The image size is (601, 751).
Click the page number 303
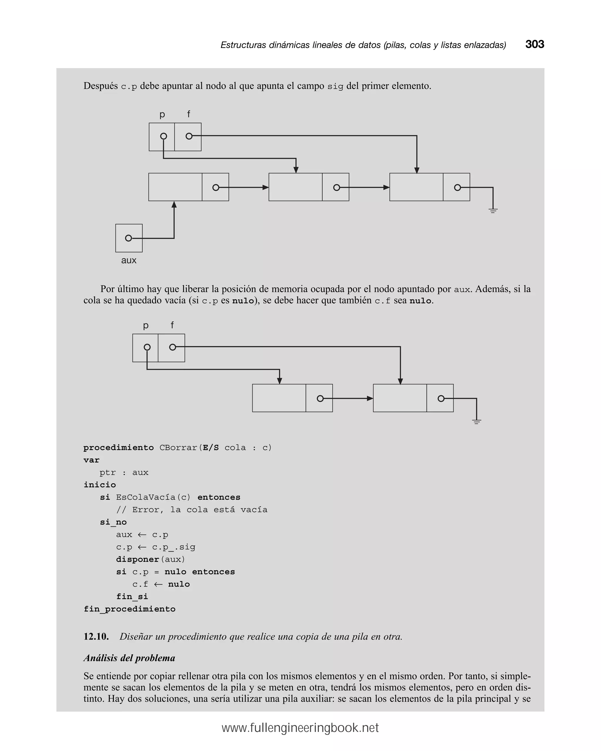click(x=534, y=44)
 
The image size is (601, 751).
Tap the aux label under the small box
click(x=129, y=260)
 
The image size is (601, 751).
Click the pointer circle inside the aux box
click(x=129, y=238)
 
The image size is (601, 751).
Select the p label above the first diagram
click(x=162, y=114)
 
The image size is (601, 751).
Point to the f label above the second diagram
click(x=172, y=325)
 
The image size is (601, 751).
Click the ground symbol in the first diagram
click(x=493, y=210)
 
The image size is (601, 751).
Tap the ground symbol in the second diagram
click(x=477, y=421)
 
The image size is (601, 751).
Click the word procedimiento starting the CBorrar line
click(x=119, y=447)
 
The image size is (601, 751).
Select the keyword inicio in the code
click(x=100, y=485)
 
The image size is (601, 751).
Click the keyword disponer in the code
click(x=137, y=560)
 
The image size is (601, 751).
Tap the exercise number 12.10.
click(x=96, y=637)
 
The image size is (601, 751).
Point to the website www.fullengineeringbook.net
click(x=300, y=728)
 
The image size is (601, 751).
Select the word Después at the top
click(x=100, y=86)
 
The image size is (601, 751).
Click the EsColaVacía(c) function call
click(x=153, y=497)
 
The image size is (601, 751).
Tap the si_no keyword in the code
click(x=113, y=522)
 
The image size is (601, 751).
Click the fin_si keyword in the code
click(x=132, y=597)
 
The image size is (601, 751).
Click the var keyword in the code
click(x=91, y=460)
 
